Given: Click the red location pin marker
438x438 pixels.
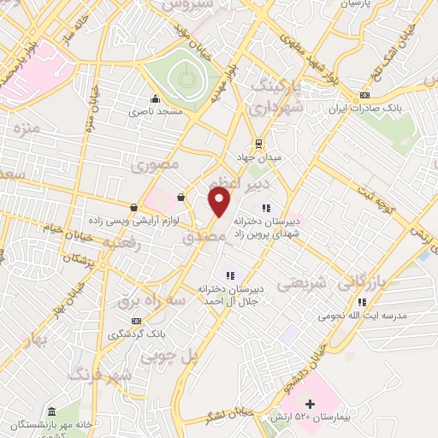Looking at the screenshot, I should tap(220, 202).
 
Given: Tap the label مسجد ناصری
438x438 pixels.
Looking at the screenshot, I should tap(156, 112).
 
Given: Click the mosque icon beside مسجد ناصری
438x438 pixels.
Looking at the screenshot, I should tap(155, 98).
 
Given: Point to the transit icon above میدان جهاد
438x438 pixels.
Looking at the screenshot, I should tap(257, 144).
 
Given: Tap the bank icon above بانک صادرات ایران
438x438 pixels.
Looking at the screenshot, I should tap(365, 96).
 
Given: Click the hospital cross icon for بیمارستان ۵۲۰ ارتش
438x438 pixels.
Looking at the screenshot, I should tap(310, 404).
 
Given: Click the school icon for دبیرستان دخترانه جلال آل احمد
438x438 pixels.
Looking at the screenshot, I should tap(228, 275).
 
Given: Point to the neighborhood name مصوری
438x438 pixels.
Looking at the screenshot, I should tap(158, 163).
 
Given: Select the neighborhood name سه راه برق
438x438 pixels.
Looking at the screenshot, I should tap(128, 301).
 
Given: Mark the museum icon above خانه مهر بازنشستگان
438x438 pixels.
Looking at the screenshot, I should tap(53, 411).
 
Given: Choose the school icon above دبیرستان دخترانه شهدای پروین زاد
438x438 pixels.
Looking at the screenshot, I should tap(266, 207).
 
